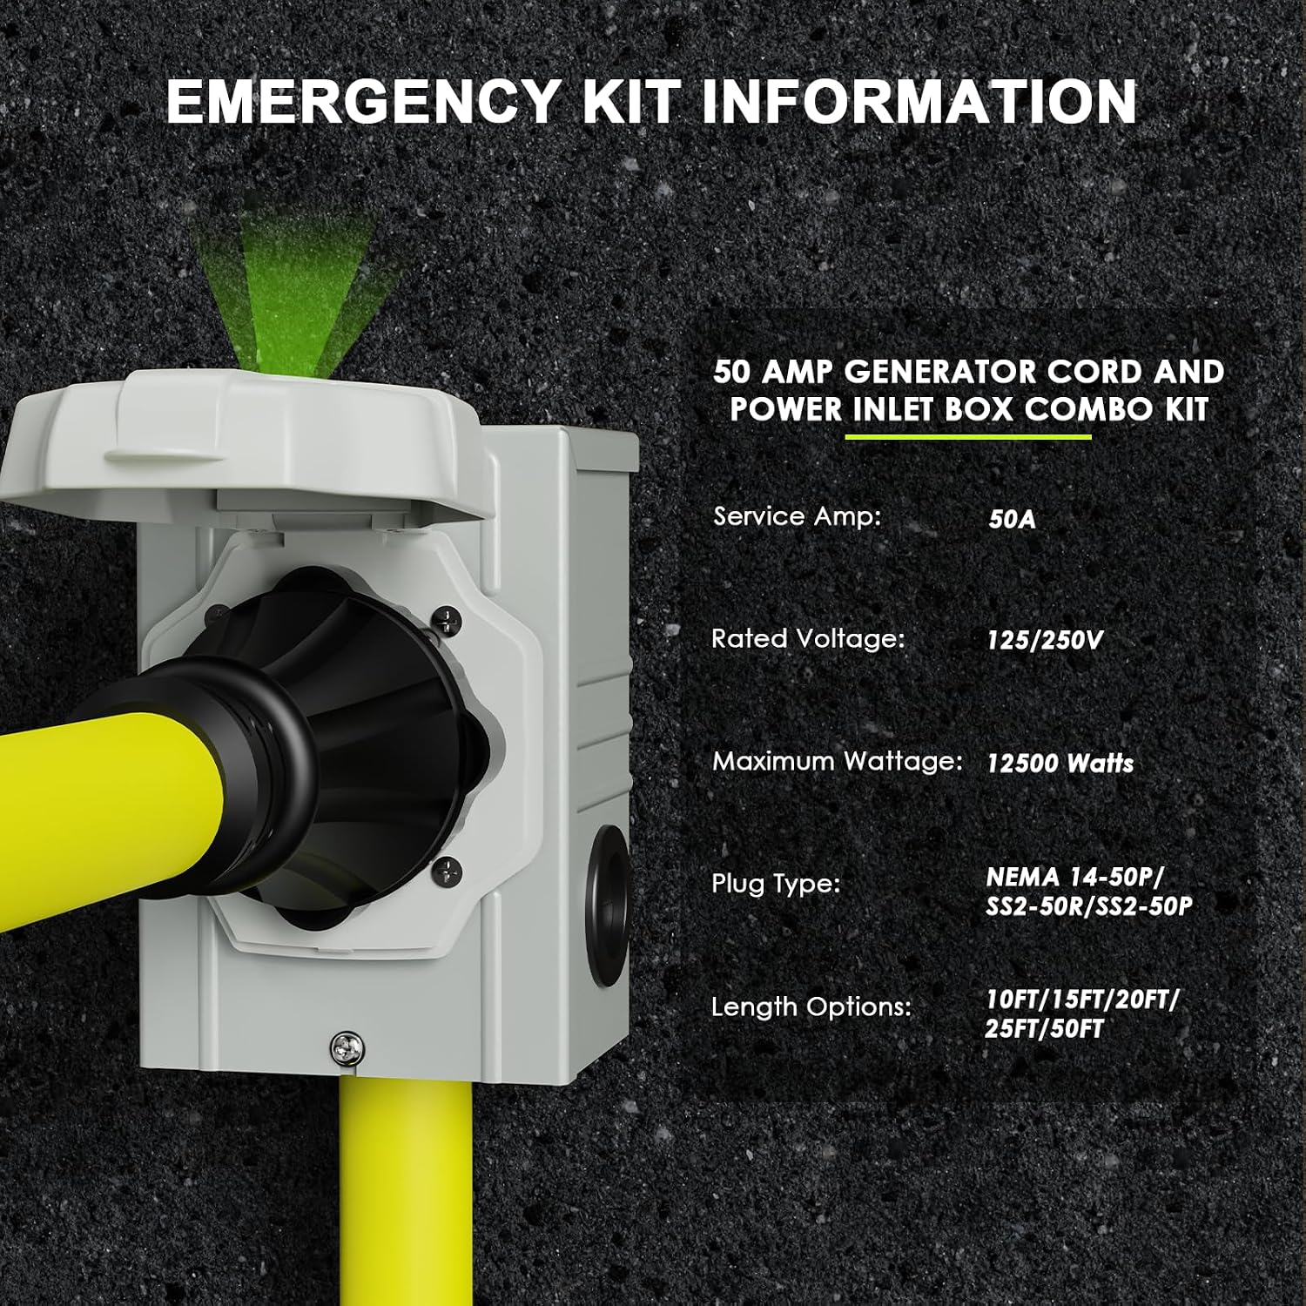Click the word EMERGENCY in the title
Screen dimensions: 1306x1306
[364, 102]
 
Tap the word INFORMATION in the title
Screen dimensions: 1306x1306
[919, 102]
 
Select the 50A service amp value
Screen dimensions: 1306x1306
[1012, 520]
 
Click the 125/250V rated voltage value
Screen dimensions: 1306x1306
[1045, 641]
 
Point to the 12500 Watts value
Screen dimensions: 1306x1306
[1060, 764]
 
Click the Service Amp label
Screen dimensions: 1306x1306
[797, 516]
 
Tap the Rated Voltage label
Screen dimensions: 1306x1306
[808, 639]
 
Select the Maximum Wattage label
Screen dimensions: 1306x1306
[838, 762]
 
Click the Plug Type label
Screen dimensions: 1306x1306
[776, 885]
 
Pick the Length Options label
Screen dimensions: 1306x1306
[811, 1007]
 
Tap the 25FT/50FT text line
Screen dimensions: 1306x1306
[1044, 1029]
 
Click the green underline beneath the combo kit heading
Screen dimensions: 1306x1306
[968, 436]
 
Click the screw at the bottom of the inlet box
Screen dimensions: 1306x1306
[347, 1047]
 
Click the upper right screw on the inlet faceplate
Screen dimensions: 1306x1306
[446, 620]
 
